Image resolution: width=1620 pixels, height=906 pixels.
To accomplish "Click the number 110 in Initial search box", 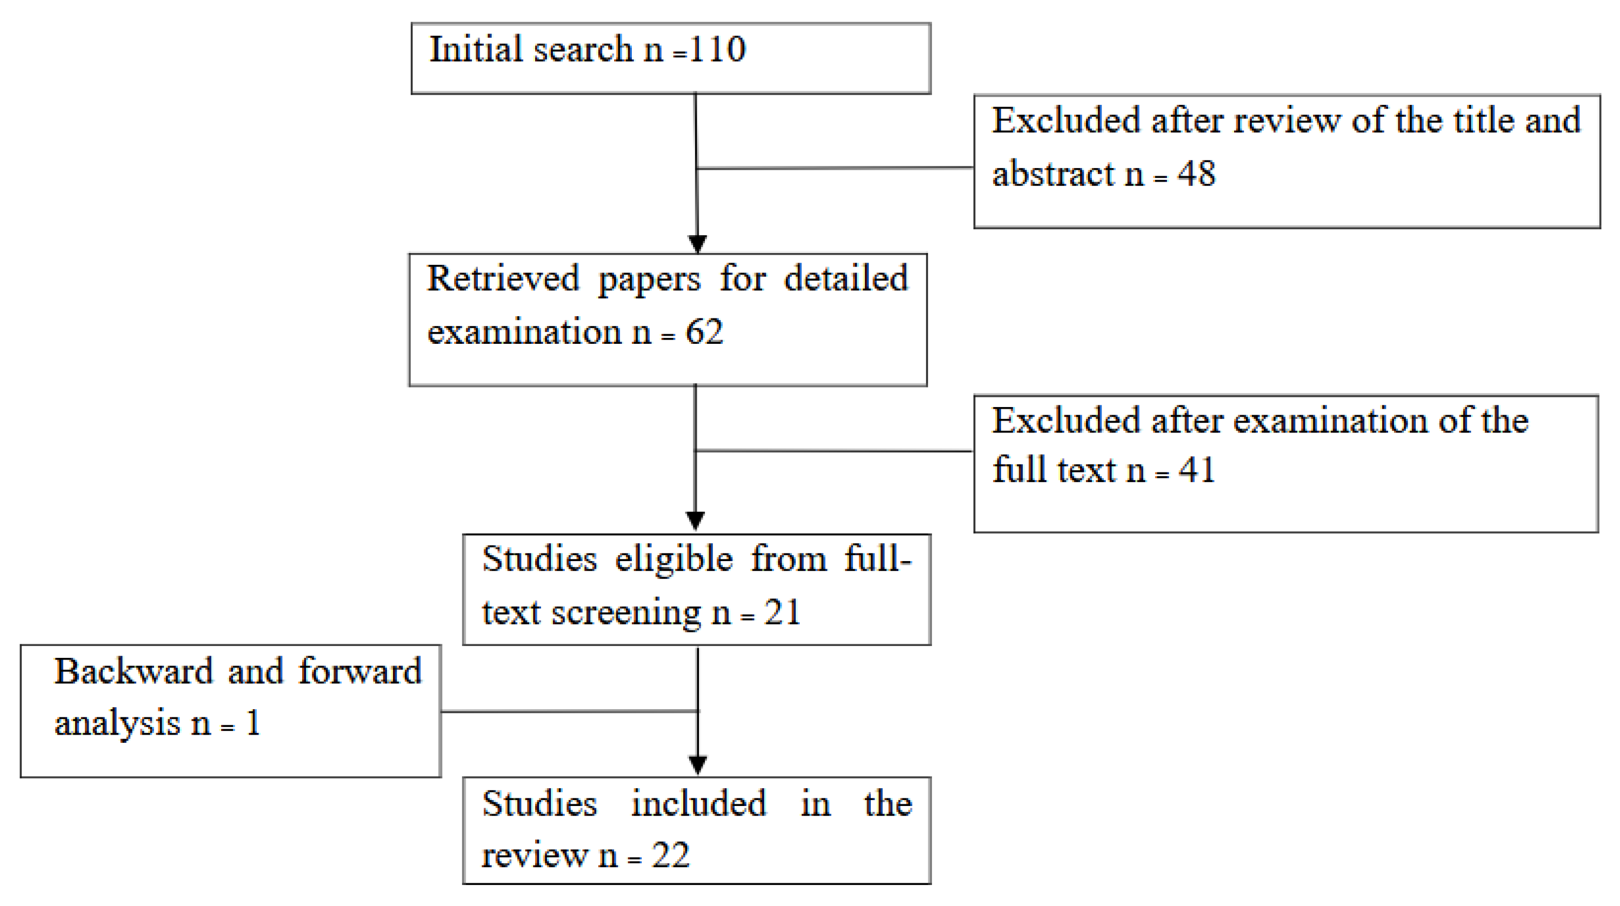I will [x=717, y=49].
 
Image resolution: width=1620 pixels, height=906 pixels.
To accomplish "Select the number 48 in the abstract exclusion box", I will [x=1196, y=174].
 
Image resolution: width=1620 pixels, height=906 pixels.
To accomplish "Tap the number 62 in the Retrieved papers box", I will [x=704, y=331].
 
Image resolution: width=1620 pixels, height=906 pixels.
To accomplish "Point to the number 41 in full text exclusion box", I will [x=1196, y=470].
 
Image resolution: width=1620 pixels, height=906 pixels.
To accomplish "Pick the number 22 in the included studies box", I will [x=670, y=855].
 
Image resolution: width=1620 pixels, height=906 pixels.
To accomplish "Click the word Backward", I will [x=134, y=671].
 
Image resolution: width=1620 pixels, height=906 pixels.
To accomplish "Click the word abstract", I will [x=1053, y=174].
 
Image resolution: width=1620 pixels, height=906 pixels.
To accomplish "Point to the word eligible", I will [x=674, y=559].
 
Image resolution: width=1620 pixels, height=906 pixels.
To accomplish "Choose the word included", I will [x=698, y=803].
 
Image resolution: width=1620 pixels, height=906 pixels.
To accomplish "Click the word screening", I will [x=626, y=612].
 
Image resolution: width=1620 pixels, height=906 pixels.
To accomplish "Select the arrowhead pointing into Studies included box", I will [x=697, y=764].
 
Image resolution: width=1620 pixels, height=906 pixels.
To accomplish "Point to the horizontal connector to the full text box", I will [x=834, y=451].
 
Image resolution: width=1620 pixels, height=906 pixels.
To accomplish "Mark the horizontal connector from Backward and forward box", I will [x=569, y=712].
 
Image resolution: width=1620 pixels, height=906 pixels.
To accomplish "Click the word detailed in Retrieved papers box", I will [x=845, y=278].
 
